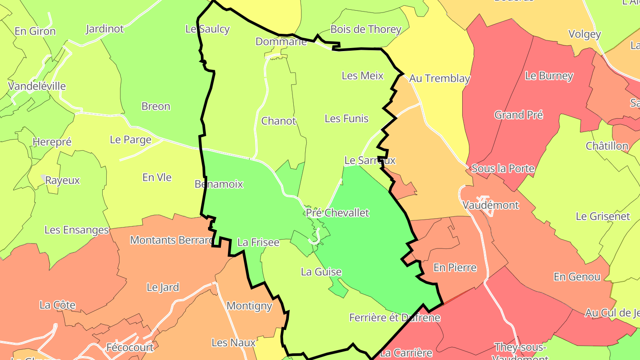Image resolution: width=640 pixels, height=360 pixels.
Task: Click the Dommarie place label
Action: (x=281, y=41)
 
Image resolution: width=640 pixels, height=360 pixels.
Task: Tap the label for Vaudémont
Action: (x=491, y=205)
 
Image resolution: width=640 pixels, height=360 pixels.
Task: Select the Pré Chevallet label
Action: (x=337, y=212)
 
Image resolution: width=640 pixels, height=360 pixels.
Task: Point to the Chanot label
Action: (x=279, y=120)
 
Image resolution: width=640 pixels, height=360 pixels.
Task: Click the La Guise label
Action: (x=321, y=272)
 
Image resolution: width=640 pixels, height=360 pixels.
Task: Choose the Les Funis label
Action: (x=347, y=118)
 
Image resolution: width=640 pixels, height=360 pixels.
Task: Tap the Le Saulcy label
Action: (x=208, y=29)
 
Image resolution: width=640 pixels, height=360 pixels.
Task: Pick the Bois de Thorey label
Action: (x=366, y=29)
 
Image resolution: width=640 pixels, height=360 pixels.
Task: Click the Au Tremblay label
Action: (x=440, y=78)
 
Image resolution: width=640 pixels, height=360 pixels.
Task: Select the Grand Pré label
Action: (x=519, y=115)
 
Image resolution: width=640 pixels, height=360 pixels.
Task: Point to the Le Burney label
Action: (x=549, y=76)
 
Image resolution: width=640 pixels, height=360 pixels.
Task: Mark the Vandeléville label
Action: (x=37, y=86)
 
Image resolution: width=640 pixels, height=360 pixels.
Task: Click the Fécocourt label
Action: (x=130, y=347)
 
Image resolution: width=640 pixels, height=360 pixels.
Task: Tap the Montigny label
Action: (x=249, y=306)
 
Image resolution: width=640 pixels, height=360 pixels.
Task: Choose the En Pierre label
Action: (x=455, y=268)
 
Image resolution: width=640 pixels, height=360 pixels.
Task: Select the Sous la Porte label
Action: (x=503, y=168)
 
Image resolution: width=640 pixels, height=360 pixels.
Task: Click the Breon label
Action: (x=156, y=106)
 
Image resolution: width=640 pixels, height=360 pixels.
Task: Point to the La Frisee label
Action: (x=258, y=242)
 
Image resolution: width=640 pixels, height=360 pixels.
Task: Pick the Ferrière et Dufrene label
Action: (x=395, y=317)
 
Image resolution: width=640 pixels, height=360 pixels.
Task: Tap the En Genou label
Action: (x=577, y=277)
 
